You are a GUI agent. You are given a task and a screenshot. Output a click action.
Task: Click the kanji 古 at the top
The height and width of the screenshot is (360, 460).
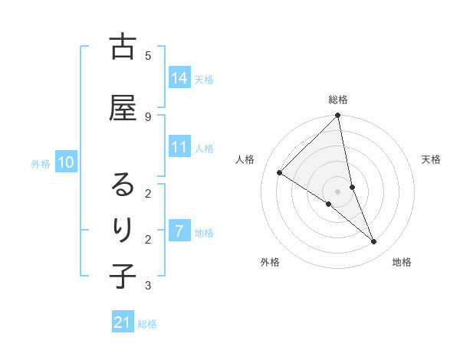point(123,47)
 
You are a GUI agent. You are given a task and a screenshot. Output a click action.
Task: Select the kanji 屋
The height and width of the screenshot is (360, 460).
point(123,107)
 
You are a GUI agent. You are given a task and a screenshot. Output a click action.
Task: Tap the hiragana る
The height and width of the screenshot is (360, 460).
point(123,185)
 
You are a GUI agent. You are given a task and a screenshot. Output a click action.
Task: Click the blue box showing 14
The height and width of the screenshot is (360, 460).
point(179,78)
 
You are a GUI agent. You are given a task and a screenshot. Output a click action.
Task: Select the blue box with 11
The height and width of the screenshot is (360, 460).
point(179,147)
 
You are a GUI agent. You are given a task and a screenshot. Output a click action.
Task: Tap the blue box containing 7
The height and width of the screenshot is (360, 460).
point(179,231)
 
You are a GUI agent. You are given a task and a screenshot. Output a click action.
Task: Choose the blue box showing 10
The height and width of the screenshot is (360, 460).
point(66,162)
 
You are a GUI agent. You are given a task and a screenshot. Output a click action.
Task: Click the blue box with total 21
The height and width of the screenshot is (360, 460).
point(123,323)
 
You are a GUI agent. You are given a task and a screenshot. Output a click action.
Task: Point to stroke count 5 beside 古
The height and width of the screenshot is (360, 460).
point(148,56)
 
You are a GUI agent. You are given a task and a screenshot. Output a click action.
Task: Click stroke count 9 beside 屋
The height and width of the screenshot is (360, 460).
point(148,116)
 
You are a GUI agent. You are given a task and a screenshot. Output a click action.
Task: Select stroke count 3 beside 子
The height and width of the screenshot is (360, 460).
point(148,286)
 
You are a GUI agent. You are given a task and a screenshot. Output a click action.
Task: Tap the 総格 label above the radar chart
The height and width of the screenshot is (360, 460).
point(338,100)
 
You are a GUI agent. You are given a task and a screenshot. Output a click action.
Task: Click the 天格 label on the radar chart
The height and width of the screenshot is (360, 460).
point(431,159)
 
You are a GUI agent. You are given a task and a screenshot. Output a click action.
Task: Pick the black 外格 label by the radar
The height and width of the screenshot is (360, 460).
point(270,262)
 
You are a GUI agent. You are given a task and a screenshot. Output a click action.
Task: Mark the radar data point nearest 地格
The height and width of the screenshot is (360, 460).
point(374,242)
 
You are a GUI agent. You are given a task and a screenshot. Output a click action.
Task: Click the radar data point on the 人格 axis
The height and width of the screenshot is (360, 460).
point(279,172)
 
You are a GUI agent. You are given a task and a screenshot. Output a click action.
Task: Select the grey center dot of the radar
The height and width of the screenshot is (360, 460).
point(338,191)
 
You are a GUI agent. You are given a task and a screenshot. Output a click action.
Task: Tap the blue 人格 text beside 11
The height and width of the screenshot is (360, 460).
point(204,148)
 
